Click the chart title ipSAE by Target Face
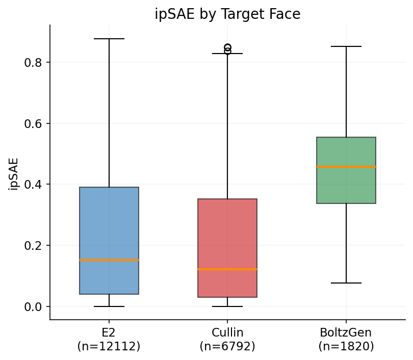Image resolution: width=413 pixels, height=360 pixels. pyautogui.click(x=227, y=14)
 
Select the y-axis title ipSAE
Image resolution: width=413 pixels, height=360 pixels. pyautogui.click(x=14, y=173)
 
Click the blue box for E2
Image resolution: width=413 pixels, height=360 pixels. pyautogui.click(x=109, y=224)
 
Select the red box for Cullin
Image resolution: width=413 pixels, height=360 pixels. pyautogui.click(x=227, y=229)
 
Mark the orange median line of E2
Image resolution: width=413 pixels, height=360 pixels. pyautogui.click(x=109, y=260)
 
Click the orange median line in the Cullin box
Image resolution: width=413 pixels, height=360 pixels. pyautogui.click(x=227, y=269)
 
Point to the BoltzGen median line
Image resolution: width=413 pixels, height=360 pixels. pyautogui.click(x=346, y=167)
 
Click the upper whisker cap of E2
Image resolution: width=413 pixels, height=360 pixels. pyautogui.click(x=109, y=39)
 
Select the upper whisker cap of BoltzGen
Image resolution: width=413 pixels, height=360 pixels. pyautogui.click(x=346, y=46)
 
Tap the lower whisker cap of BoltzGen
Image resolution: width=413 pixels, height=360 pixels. pyautogui.click(x=346, y=283)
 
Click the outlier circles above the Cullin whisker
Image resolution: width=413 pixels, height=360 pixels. pyautogui.click(x=227, y=49)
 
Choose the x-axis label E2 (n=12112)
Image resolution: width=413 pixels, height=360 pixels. pyautogui.click(x=109, y=340)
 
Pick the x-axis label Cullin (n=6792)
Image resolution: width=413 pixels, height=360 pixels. pyautogui.click(x=227, y=340)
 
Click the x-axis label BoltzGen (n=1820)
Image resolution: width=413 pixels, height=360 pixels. pyautogui.click(x=346, y=340)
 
